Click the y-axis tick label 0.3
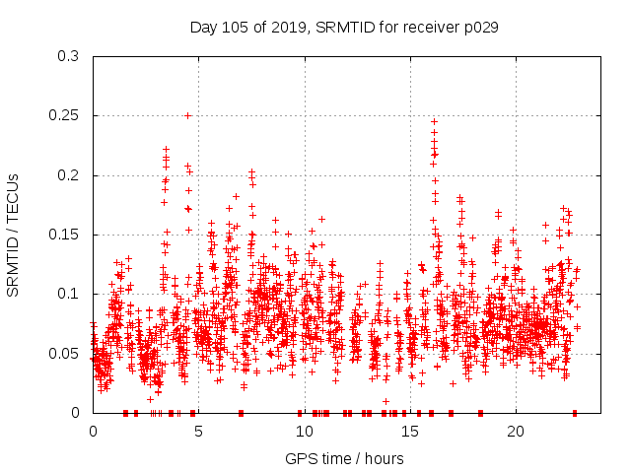70,56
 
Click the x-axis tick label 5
198,432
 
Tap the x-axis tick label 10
304,432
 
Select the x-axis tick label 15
409,432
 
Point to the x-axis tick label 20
515,432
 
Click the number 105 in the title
236,28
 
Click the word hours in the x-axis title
383,458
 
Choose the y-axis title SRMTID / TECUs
13,235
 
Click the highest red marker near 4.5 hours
187,115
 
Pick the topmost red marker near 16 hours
434,122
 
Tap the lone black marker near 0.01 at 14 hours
386,401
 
